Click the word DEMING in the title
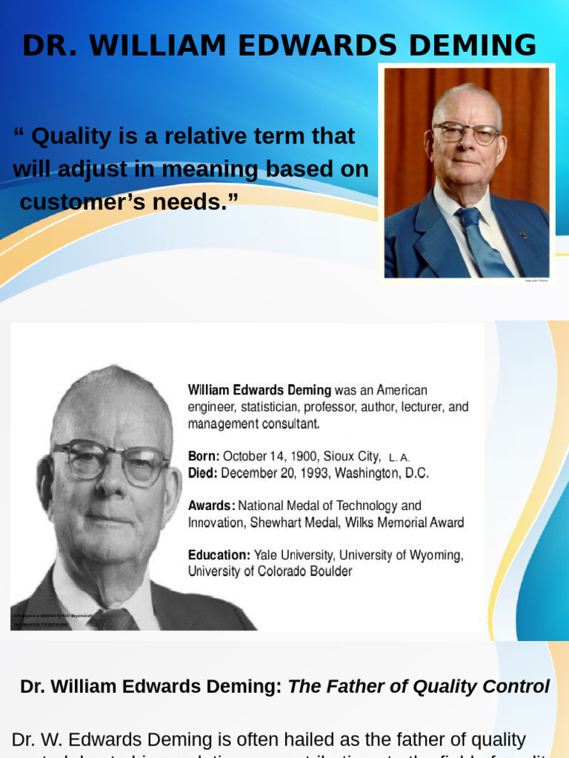[x=471, y=46]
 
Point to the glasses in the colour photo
[x=466, y=133]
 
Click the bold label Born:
[x=204, y=456]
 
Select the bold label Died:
[x=203, y=473]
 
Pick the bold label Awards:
[x=212, y=506]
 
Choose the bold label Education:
[x=219, y=555]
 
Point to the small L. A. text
[x=399, y=457]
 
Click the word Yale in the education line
[x=267, y=555]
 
